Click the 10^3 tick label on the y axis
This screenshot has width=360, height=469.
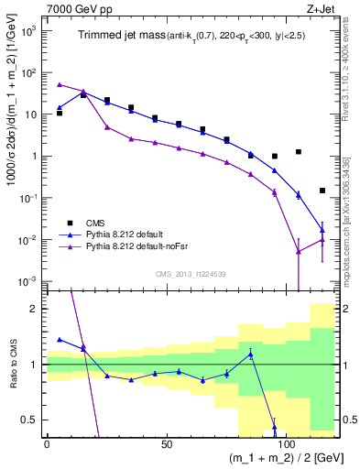(27, 30)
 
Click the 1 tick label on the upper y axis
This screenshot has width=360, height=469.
(34, 156)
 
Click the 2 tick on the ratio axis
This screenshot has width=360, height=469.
(35, 309)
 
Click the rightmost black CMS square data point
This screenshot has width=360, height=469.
(322, 191)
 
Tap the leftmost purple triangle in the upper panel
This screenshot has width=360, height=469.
(60, 84)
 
